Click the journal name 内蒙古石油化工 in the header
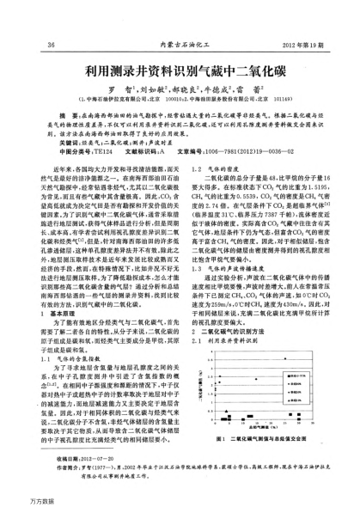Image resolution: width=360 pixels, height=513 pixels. pos(181,46)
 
